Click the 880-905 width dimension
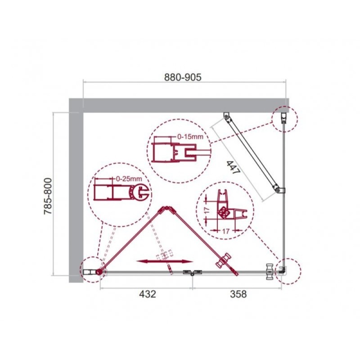point(183,77)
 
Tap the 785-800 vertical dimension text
point(48,196)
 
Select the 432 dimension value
point(148,294)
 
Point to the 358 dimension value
point(238,294)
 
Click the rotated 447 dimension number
point(233,167)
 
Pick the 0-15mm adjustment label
point(190,137)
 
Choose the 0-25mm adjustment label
point(129,179)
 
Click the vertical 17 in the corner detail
point(207,210)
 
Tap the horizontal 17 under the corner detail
point(226,231)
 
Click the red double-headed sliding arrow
point(165,261)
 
